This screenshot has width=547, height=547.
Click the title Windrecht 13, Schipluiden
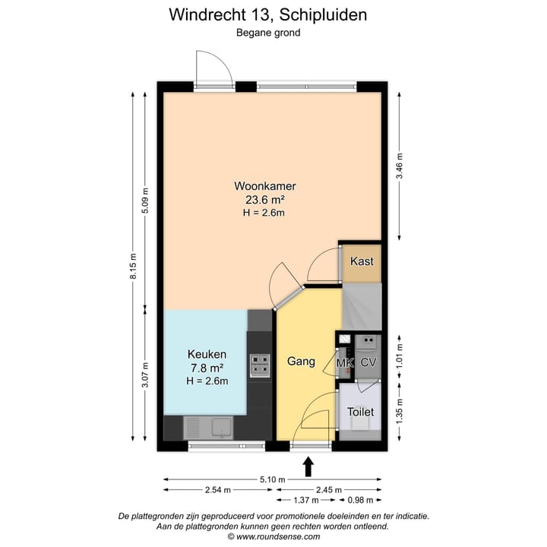pos(273,14)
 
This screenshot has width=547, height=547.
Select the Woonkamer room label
pos(264,186)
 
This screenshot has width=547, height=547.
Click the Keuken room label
pos(207,355)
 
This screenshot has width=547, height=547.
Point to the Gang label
pos(301,362)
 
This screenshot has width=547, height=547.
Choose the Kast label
pos(361,261)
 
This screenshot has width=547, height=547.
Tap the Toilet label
pos(360,412)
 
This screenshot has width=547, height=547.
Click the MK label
pos(345,362)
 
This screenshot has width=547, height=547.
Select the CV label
pos(368,362)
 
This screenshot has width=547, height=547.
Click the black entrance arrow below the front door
pos(309,465)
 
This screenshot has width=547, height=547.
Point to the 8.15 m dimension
pos(134,267)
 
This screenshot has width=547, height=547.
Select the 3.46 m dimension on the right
pos(400,166)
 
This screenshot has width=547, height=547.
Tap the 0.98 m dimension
pos(359,500)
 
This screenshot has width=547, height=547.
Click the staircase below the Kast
pos(360,307)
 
